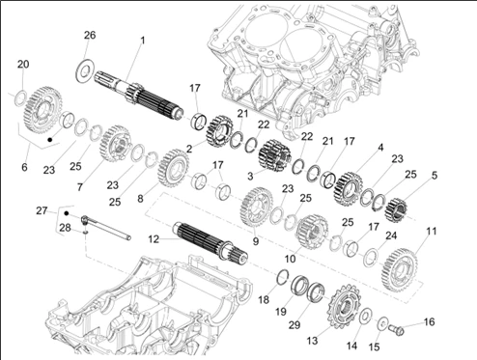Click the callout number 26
pyautogui.click(x=90, y=35)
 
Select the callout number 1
pyautogui.click(x=143, y=41)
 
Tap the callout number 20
pyautogui.click(x=23, y=65)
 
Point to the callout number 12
pyautogui.click(x=154, y=239)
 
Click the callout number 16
pyautogui.click(x=429, y=321)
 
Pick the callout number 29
pyautogui.click(x=295, y=325)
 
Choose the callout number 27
pyautogui.click(x=42, y=210)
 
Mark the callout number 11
pyautogui.click(x=432, y=231)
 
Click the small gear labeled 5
pyautogui.click(x=396, y=210)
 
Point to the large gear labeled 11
pyautogui.click(x=399, y=270)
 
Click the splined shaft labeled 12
pyautogui.click(x=210, y=240)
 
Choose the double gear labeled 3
pyautogui.click(x=274, y=155)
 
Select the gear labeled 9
pyautogui.click(x=256, y=208)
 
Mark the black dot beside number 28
pyautogui.click(x=67, y=213)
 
